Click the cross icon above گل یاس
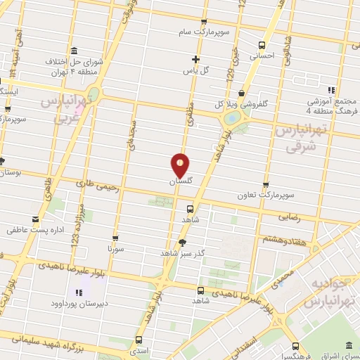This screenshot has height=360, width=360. (196, 59)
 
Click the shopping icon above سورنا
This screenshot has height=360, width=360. (115, 238)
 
